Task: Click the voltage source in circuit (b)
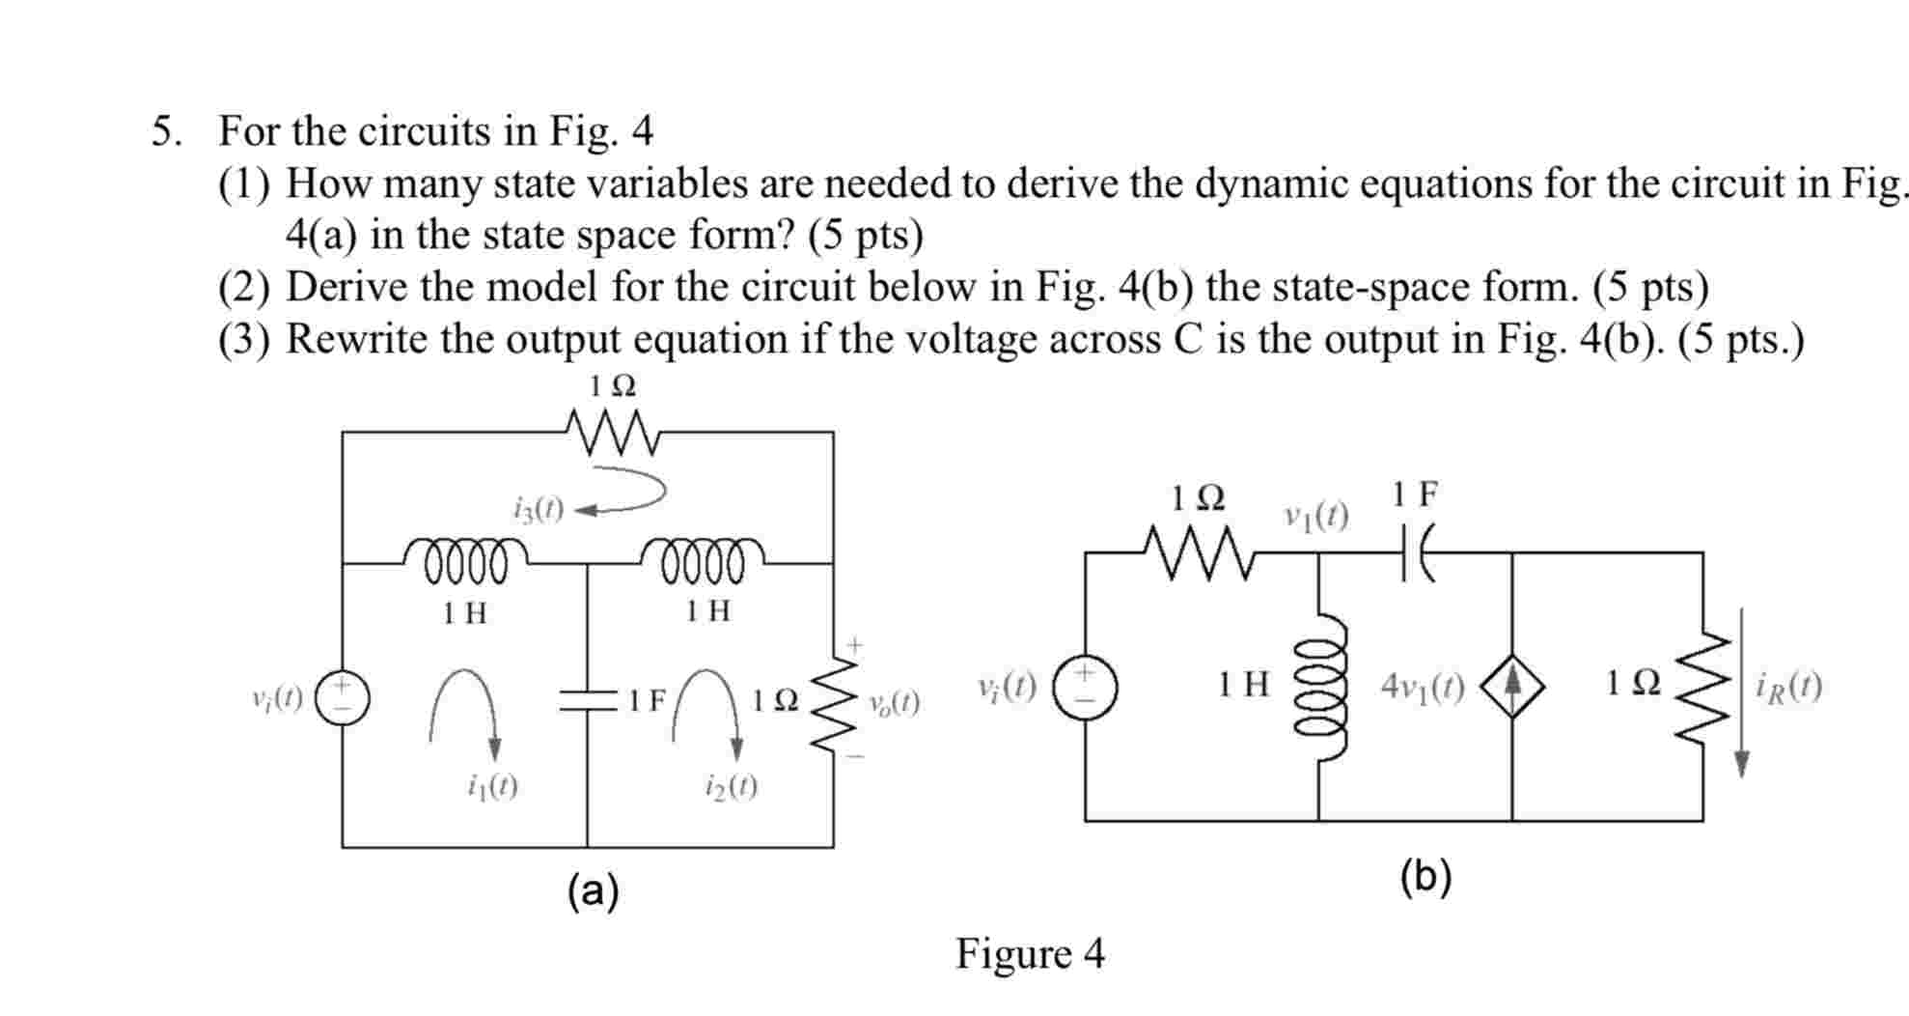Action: tap(1085, 687)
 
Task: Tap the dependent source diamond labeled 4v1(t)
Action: tap(1512, 686)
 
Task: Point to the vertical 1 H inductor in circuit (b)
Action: tap(1319, 687)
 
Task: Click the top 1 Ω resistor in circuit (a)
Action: tap(613, 432)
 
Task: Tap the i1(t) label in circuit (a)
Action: tap(492, 787)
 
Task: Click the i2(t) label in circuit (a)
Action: tap(731, 787)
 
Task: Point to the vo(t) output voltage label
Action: tap(893, 703)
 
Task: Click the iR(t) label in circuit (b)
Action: tap(1789, 687)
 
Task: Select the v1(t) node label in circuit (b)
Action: tap(1315, 516)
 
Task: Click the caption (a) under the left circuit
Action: tap(593, 890)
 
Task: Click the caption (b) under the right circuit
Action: tap(1425, 877)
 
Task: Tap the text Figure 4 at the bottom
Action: tap(1030, 954)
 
